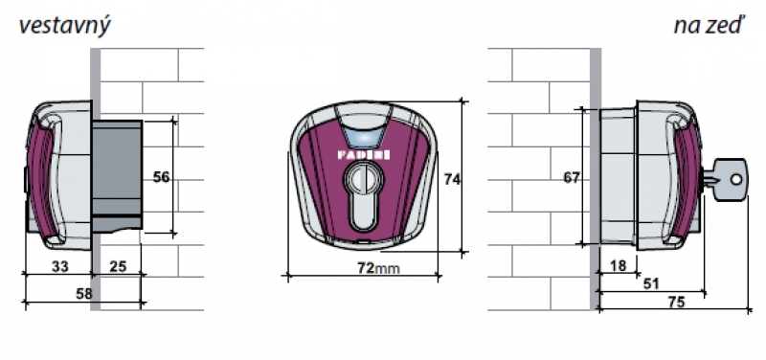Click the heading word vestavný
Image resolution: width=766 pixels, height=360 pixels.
tap(64, 26)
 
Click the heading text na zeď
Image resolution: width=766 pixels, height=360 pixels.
tap(709, 26)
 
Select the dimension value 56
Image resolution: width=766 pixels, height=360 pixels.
tap(161, 178)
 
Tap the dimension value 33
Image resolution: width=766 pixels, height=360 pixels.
tap(59, 266)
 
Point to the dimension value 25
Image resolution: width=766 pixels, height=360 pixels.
tap(118, 266)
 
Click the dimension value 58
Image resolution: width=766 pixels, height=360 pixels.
tap(83, 294)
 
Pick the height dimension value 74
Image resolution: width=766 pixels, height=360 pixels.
tap(452, 179)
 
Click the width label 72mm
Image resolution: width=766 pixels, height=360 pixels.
tap(378, 268)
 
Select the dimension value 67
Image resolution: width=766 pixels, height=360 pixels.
tap(572, 178)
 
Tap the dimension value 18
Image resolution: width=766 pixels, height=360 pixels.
tap(618, 266)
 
